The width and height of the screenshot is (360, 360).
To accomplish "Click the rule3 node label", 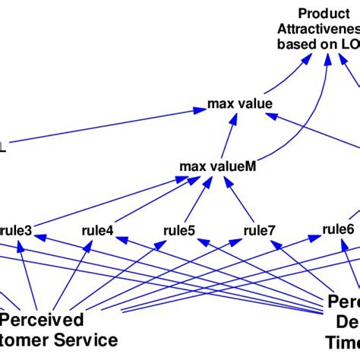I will coord(17,228).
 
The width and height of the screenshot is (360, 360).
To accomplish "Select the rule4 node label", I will coord(98,229).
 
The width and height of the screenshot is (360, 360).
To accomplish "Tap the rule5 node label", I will coord(179,229).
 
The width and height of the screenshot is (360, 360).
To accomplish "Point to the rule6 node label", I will coord(338,228).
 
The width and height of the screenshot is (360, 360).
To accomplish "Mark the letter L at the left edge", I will coord(3,149).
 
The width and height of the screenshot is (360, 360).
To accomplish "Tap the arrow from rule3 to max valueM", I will coord(106,201).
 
